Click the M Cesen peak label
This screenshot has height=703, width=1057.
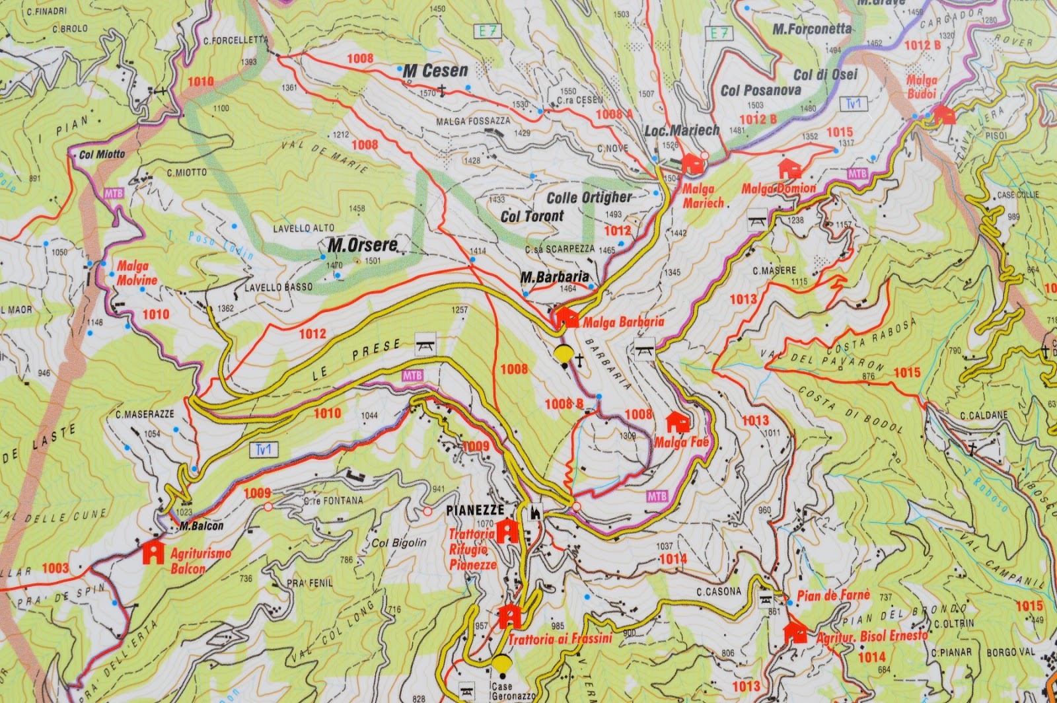[435, 71]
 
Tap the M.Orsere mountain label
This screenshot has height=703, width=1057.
[363, 245]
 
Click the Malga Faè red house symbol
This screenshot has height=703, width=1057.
[677, 422]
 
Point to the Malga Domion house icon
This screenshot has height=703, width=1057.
[789, 168]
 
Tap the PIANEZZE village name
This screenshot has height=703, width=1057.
[475, 510]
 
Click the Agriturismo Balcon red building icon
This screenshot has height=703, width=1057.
[153, 552]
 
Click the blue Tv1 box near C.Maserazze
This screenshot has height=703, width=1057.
[266, 450]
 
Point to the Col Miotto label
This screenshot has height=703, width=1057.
[102, 155]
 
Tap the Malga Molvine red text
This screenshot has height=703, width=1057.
[137, 273]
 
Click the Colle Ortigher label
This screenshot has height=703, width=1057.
[589, 197]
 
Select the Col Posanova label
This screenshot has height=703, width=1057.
[761, 91]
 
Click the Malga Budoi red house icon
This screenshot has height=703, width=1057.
[944, 115]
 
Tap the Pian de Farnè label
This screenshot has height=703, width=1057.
[834, 595]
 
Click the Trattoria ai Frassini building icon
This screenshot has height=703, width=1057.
[509, 616]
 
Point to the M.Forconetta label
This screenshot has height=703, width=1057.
[812, 28]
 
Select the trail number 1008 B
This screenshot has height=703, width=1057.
[564, 404]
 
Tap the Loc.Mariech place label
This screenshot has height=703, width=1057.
[682, 131]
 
